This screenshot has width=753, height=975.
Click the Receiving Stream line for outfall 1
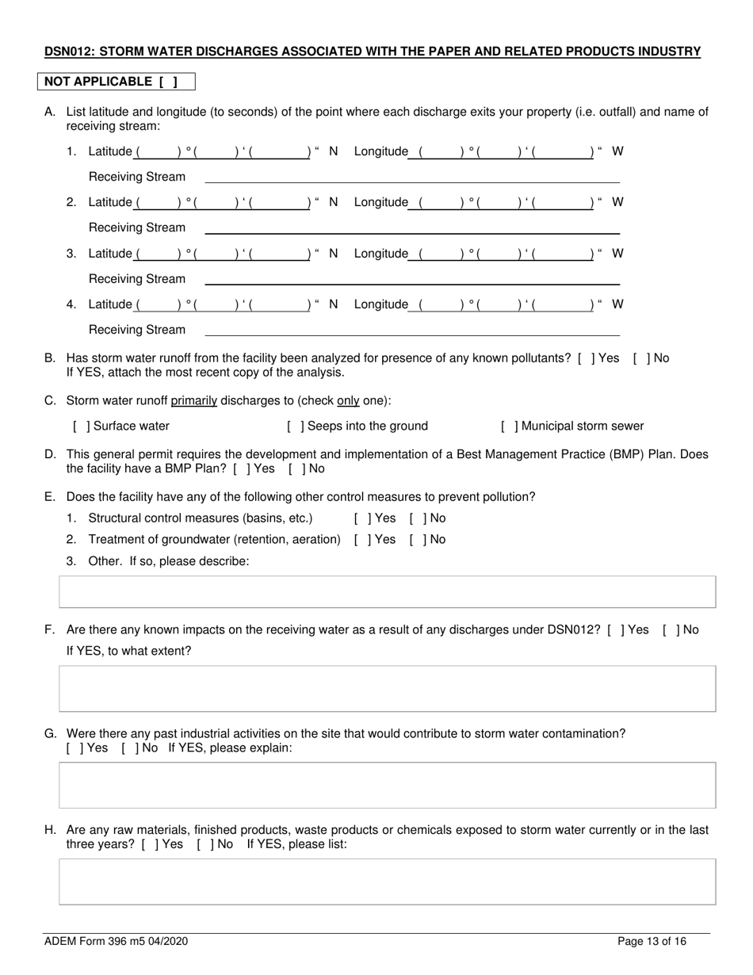(412, 178)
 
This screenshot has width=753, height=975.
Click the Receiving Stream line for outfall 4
(412, 331)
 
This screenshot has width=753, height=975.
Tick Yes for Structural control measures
(362, 518)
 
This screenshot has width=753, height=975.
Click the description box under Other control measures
(388, 592)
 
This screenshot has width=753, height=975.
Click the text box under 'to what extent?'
(388, 689)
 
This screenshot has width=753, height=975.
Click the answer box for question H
(388, 881)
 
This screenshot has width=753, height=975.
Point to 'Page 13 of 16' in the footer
(652, 942)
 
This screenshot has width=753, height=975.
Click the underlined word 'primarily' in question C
(193, 401)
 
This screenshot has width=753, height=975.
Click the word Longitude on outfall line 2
(380, 203)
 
